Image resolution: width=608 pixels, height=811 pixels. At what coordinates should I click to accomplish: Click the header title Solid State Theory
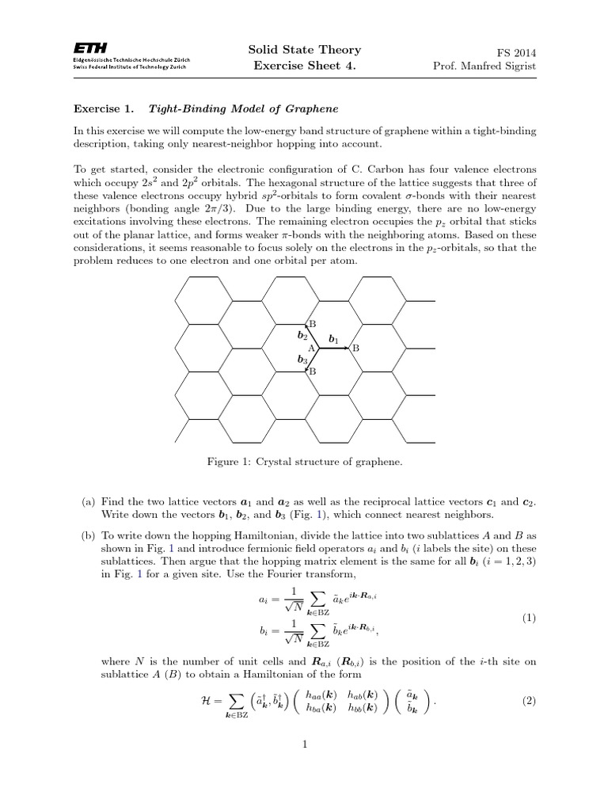point(304,50)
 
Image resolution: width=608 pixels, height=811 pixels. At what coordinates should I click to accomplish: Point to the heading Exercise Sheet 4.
point(304,66)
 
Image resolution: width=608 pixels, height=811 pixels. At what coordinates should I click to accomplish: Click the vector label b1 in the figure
point(333,340)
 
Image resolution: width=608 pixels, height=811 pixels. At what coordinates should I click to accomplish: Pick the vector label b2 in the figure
point(302,336)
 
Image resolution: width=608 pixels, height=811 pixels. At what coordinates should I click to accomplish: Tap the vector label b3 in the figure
point(302,360)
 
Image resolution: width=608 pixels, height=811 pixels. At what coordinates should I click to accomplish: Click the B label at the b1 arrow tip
point(355,348)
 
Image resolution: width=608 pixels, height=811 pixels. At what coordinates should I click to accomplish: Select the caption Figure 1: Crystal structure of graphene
point(304,462)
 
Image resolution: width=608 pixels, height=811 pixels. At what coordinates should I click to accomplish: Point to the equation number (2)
point(530,701)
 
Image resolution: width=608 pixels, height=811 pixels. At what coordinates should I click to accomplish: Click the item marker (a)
point(88,501)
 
